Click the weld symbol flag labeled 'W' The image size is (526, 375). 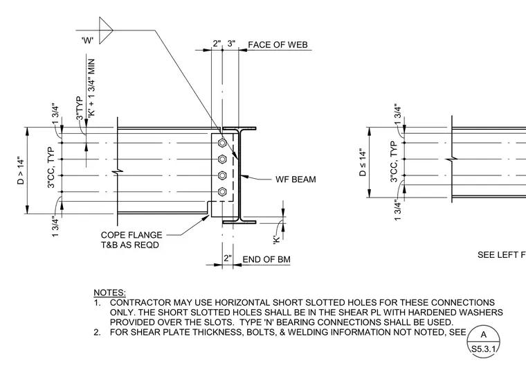(106, 30)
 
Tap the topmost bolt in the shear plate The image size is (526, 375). (222, 143)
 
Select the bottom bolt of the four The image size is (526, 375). (222, 192)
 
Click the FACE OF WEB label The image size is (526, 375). (278, 44)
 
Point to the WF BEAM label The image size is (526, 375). (296, 180)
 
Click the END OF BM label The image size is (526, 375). (266, 259)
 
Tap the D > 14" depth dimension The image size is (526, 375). (21, 171)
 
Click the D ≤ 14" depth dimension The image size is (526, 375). (363, 163)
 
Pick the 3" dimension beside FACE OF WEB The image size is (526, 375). (231, 44)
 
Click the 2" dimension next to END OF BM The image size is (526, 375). (228, 259)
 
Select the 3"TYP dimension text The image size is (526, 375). (79, 108)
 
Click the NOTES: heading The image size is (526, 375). (109, 293)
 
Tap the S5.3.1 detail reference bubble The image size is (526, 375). (483, 342)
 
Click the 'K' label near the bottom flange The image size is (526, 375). (276, 240)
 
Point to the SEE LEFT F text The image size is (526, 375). (502, 255)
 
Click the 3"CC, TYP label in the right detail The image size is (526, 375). (394, 162)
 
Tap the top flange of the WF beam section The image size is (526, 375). (239, 128)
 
